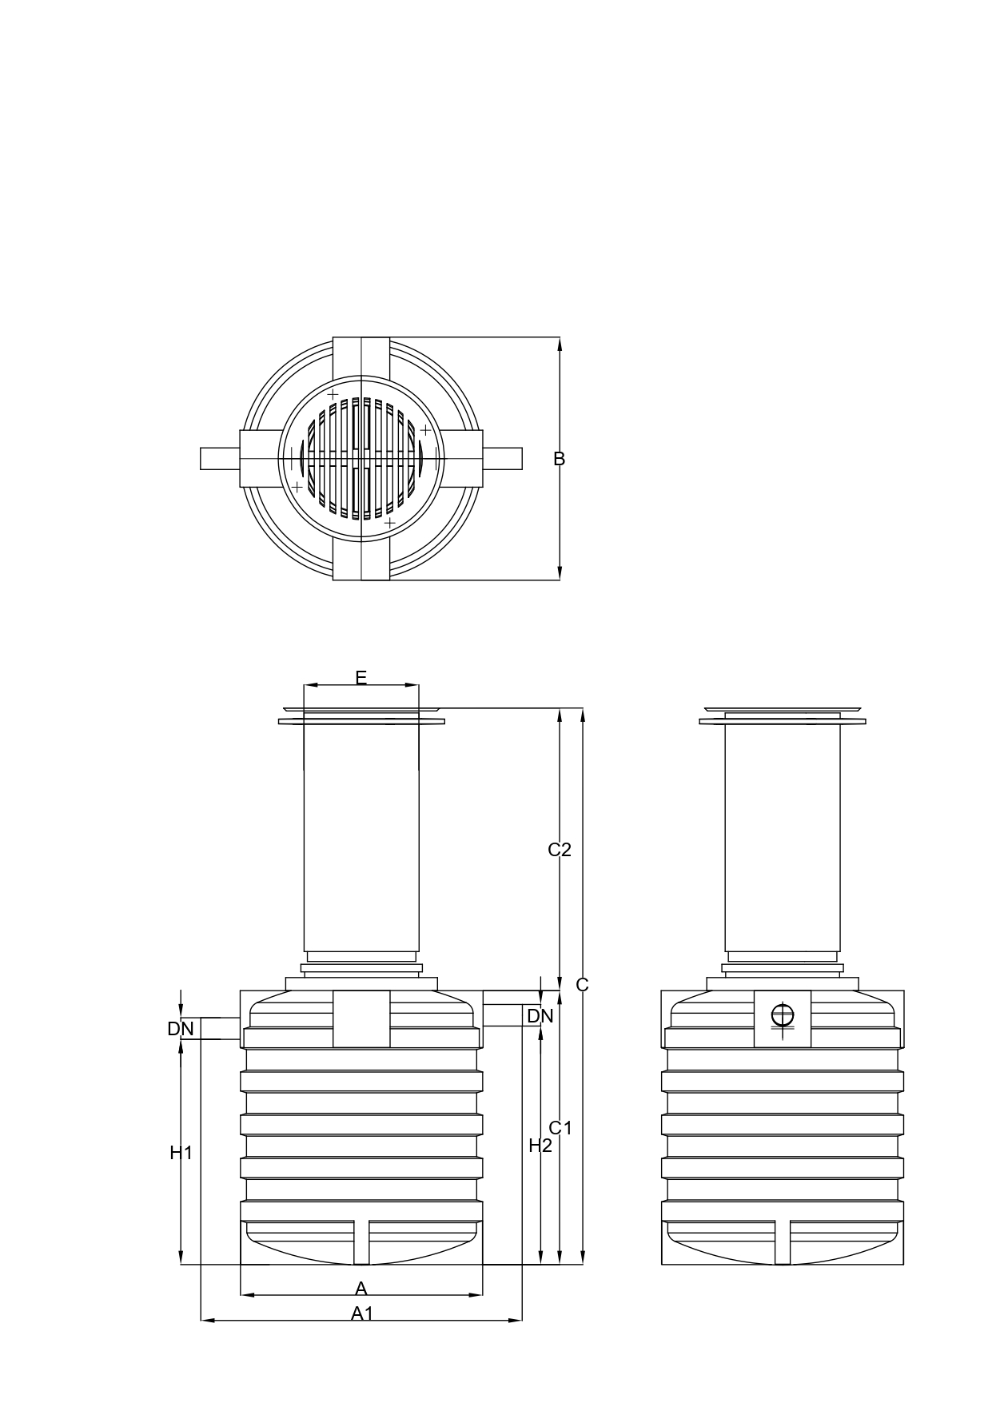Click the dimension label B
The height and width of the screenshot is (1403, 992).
pos(560,459)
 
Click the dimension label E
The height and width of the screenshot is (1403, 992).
pos(361,678)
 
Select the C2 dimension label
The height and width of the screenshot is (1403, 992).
pos(560,850)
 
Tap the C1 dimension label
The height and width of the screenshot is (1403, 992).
pos(560,1128)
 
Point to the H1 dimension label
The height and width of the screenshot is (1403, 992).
pos(181,1153)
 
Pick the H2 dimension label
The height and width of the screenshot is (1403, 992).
pos(540,1146)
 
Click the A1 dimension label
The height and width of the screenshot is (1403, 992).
pos(362,1313)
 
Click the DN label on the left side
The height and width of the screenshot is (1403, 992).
pos(181,1029)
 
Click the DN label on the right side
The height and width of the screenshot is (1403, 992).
pos(540,1016)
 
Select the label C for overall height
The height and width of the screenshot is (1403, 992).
pos(582,985)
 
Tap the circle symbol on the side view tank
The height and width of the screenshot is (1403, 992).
pos(783,1015)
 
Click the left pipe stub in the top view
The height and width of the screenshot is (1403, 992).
pos(220,459)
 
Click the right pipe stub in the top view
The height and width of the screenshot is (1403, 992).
pos(503,459)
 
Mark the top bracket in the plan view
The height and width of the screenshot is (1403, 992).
pos(361,357)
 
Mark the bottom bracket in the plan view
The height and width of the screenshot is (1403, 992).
pos(361,561)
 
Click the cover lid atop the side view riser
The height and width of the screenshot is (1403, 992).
pos(783,709)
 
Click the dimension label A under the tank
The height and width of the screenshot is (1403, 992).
pos(361,1288)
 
